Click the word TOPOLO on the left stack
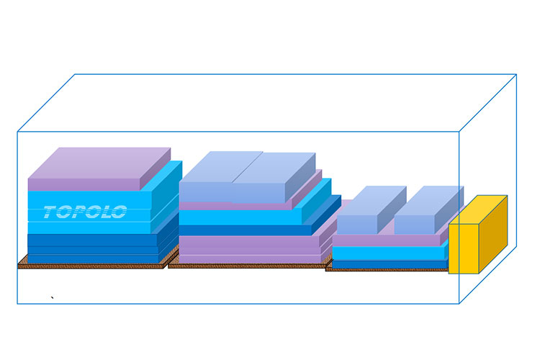[x=85, y=212]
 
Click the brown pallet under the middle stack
[x=245, y=266]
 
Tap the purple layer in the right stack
[x=389, y=240]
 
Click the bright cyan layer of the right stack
[x=389, y=253]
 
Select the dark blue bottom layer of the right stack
[x=389, y=264]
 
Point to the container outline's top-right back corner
[x=517, y=75]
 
